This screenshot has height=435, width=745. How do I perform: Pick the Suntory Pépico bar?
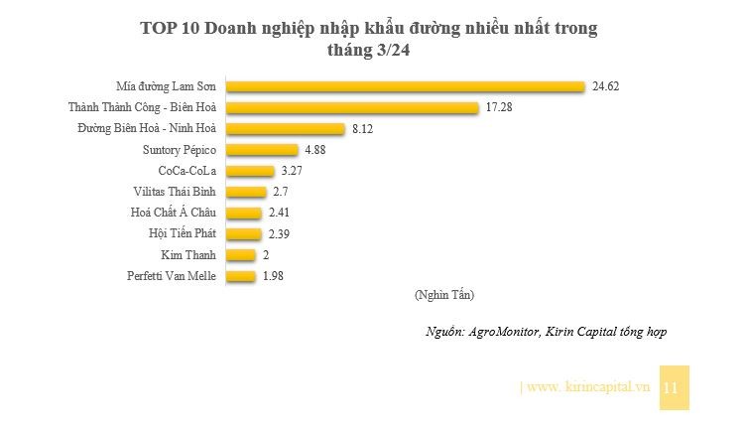pyautogui.click(x=263, y=150)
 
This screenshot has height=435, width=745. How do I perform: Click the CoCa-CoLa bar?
pyautogui.click(x=251, y=171)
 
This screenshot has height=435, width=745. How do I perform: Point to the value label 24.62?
pyautogui.click(x=605, y=86)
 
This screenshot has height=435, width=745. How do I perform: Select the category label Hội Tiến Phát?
pyautogui.click(x=182, y=233)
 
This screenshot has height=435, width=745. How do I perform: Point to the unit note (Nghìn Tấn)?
pyautogui.click(x=442, y=295)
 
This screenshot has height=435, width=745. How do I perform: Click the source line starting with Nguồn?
pyautogui.click(x=544, y=331)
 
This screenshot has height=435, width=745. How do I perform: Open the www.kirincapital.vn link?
pyautogui.click(x=587, y=386)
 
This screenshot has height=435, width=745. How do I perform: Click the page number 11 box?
pyautogui.click(x=672, y=387)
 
